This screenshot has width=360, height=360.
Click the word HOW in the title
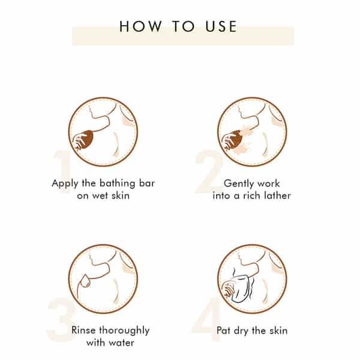[140, 26]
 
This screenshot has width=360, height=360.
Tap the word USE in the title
[221, 26]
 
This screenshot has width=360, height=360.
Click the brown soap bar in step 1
[86, 139]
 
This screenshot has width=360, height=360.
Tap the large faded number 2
[209, 171]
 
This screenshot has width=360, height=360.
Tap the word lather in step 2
[277, 196]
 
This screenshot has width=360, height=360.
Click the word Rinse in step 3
[83, 331]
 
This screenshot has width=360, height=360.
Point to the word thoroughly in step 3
[124, 331]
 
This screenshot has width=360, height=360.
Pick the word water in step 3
[121, 343]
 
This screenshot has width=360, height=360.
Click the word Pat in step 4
[223, 331]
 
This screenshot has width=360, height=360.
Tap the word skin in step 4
[278, 331]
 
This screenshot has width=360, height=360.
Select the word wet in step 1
[100, 196]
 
